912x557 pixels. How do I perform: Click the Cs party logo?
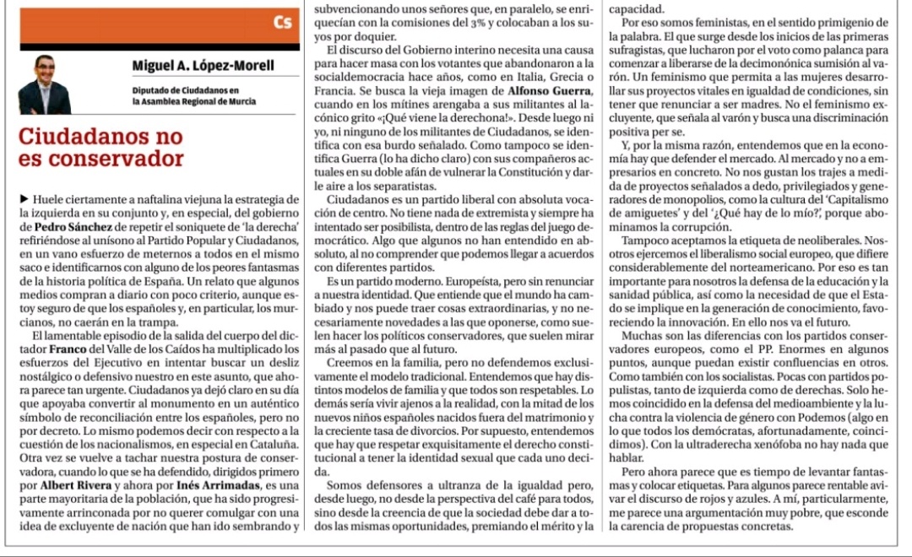click(x=283, y=23)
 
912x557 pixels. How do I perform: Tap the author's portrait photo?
click(x=45, y=84)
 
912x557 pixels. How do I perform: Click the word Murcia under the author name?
click(x=239, y=100)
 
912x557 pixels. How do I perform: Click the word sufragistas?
click(x=636, y=50)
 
